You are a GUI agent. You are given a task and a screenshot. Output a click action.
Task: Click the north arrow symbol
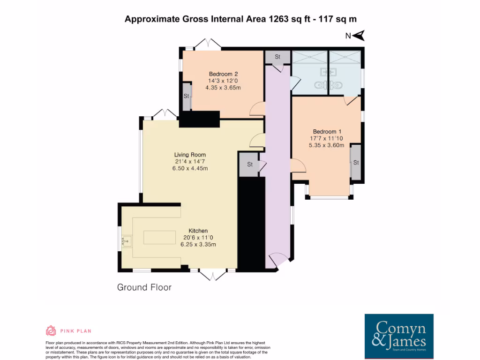(x=359, y=36)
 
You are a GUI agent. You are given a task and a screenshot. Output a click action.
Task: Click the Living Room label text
(x=190, y=155)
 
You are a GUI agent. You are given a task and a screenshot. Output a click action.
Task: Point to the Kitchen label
(x=198, y=231)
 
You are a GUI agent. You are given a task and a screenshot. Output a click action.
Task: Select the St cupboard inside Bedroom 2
(x=187, y=96)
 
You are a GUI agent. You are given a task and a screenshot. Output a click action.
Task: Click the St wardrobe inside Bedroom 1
(x=356, y=163)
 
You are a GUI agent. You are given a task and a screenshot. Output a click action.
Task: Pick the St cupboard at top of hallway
(x=277, y=57)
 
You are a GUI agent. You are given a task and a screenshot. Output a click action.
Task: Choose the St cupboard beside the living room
(x=249, y=165)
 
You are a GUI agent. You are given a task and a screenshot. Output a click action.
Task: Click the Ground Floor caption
(x=144, y=287)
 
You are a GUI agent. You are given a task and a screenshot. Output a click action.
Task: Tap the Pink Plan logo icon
(x=51, y=331)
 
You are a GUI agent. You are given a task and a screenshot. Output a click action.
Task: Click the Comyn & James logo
(x=399, y=336)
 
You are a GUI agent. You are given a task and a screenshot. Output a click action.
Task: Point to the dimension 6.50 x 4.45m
(x=190, y=168)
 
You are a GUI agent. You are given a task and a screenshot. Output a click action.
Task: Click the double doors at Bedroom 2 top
(x=208, y=44)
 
